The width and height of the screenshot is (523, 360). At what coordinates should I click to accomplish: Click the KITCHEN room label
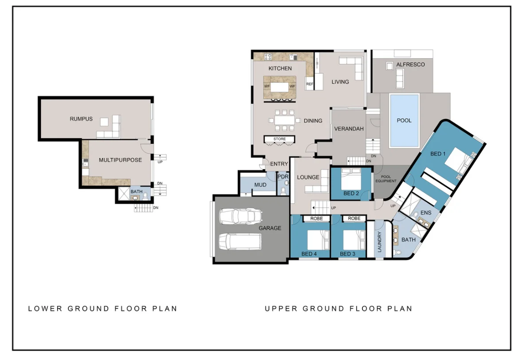coord(280,68)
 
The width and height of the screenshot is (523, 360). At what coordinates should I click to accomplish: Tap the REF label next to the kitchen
coord(309,84)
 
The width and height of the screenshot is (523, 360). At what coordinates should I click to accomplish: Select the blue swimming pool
coord(404,120)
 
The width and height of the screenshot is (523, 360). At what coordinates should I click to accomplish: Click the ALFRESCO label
coord(410,65)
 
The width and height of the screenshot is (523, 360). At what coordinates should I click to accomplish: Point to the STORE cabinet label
coord(279,139)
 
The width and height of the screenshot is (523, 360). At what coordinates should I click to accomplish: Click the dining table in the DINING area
coord(284,120)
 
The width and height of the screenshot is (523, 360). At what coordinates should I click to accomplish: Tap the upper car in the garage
coord(240,217)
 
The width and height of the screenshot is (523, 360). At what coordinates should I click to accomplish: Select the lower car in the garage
coord(240,242)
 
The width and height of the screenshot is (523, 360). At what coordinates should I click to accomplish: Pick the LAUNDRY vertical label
coord(380,242)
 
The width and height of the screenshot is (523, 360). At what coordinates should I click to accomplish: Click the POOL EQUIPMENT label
coord(386,179)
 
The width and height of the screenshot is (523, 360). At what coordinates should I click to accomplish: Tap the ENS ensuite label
coord(426,213)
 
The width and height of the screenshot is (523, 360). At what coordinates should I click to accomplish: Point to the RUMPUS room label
coord(81,119)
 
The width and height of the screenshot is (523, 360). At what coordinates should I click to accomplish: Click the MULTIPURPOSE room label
coord(120,160)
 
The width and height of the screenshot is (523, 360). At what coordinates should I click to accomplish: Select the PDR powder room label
coord(283,177)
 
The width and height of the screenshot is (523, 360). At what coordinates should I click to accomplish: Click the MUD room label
coord(260,185)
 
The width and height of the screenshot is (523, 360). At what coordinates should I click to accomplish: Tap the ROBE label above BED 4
coord(316,218)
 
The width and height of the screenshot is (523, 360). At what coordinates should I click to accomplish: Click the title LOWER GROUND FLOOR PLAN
coord(102,309)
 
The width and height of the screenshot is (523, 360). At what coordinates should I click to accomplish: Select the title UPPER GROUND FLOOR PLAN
coord(338,309)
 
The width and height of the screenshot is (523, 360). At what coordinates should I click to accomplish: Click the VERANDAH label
coord(349,129)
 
